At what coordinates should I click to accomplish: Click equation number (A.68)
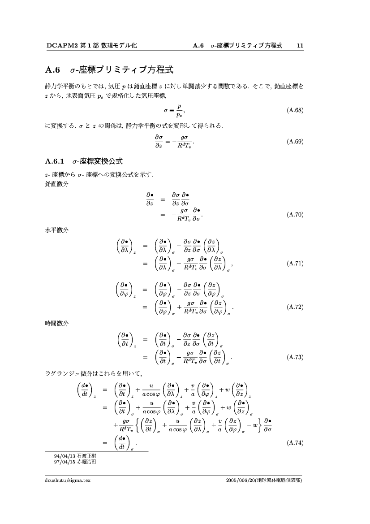coord(295,110)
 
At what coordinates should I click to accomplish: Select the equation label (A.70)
coord(295,215)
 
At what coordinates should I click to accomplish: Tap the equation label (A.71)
coord(295,263)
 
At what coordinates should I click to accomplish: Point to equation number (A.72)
coord(295,307)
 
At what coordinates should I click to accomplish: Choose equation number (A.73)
coord(295,357)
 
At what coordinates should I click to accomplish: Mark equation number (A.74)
coord(295,443)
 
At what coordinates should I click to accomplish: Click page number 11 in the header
coord(300,45)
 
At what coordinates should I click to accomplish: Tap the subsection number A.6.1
coord(56,160)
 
